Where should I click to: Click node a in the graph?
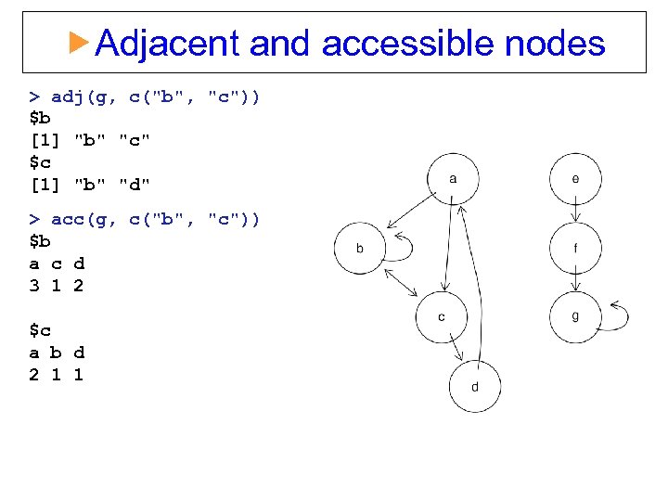point(452,178)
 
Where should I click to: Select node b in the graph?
point(359,249)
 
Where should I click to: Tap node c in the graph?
point(441,317)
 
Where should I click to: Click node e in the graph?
point(575,178)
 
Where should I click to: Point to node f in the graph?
point(575,248)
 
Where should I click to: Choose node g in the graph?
point(575,316)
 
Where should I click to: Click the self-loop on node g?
point(619,315)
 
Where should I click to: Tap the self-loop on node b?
point(402,246)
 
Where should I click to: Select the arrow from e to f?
point(575,213)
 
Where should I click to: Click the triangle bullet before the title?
point(81,42)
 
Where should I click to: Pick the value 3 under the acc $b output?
point(34,286)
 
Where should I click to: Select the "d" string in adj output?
point(135,185)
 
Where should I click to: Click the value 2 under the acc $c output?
point(34,375)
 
